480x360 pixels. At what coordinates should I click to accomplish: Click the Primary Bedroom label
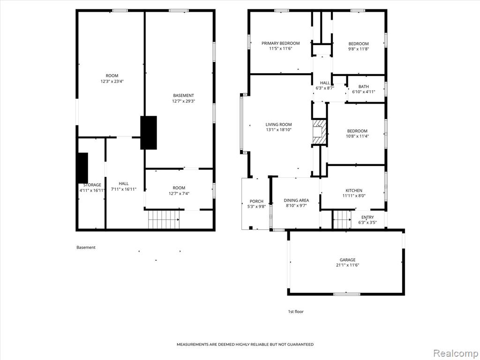(x=280, y=43)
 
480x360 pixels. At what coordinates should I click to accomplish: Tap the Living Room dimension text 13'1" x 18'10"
(x=278, y=130)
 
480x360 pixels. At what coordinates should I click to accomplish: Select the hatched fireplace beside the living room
(x=319, y=132)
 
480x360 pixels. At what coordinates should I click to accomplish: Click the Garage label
(x=347, y=260)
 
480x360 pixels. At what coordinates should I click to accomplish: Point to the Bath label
(x=364, y=87)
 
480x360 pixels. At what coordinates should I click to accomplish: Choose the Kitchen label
(x=354, y=190)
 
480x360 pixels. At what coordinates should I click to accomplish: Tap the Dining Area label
(x=296, y=200)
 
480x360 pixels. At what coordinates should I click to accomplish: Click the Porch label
(x=256, y=201)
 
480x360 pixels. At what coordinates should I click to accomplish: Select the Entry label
(x=367, y=217)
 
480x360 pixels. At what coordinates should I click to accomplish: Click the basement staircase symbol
(x=164, y=219)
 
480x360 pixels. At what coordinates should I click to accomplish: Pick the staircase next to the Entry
(x=342, y=219)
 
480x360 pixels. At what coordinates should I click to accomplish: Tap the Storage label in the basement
(x=92, y=185)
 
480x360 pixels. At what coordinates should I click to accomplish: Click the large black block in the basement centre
(x=149, y=133)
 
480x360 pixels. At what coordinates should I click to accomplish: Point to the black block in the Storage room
(x=82, y=168)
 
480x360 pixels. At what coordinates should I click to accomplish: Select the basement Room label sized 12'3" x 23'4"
(x=112, y=75)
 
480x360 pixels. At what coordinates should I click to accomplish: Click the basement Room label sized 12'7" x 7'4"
(x=179, y=187)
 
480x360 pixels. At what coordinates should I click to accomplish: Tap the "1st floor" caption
(x=296, y=312)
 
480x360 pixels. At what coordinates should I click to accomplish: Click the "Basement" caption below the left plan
(x=86, y=247)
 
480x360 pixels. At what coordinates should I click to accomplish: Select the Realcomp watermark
(x=456, y=353)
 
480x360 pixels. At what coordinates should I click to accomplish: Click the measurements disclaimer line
(x=245, y=345)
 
